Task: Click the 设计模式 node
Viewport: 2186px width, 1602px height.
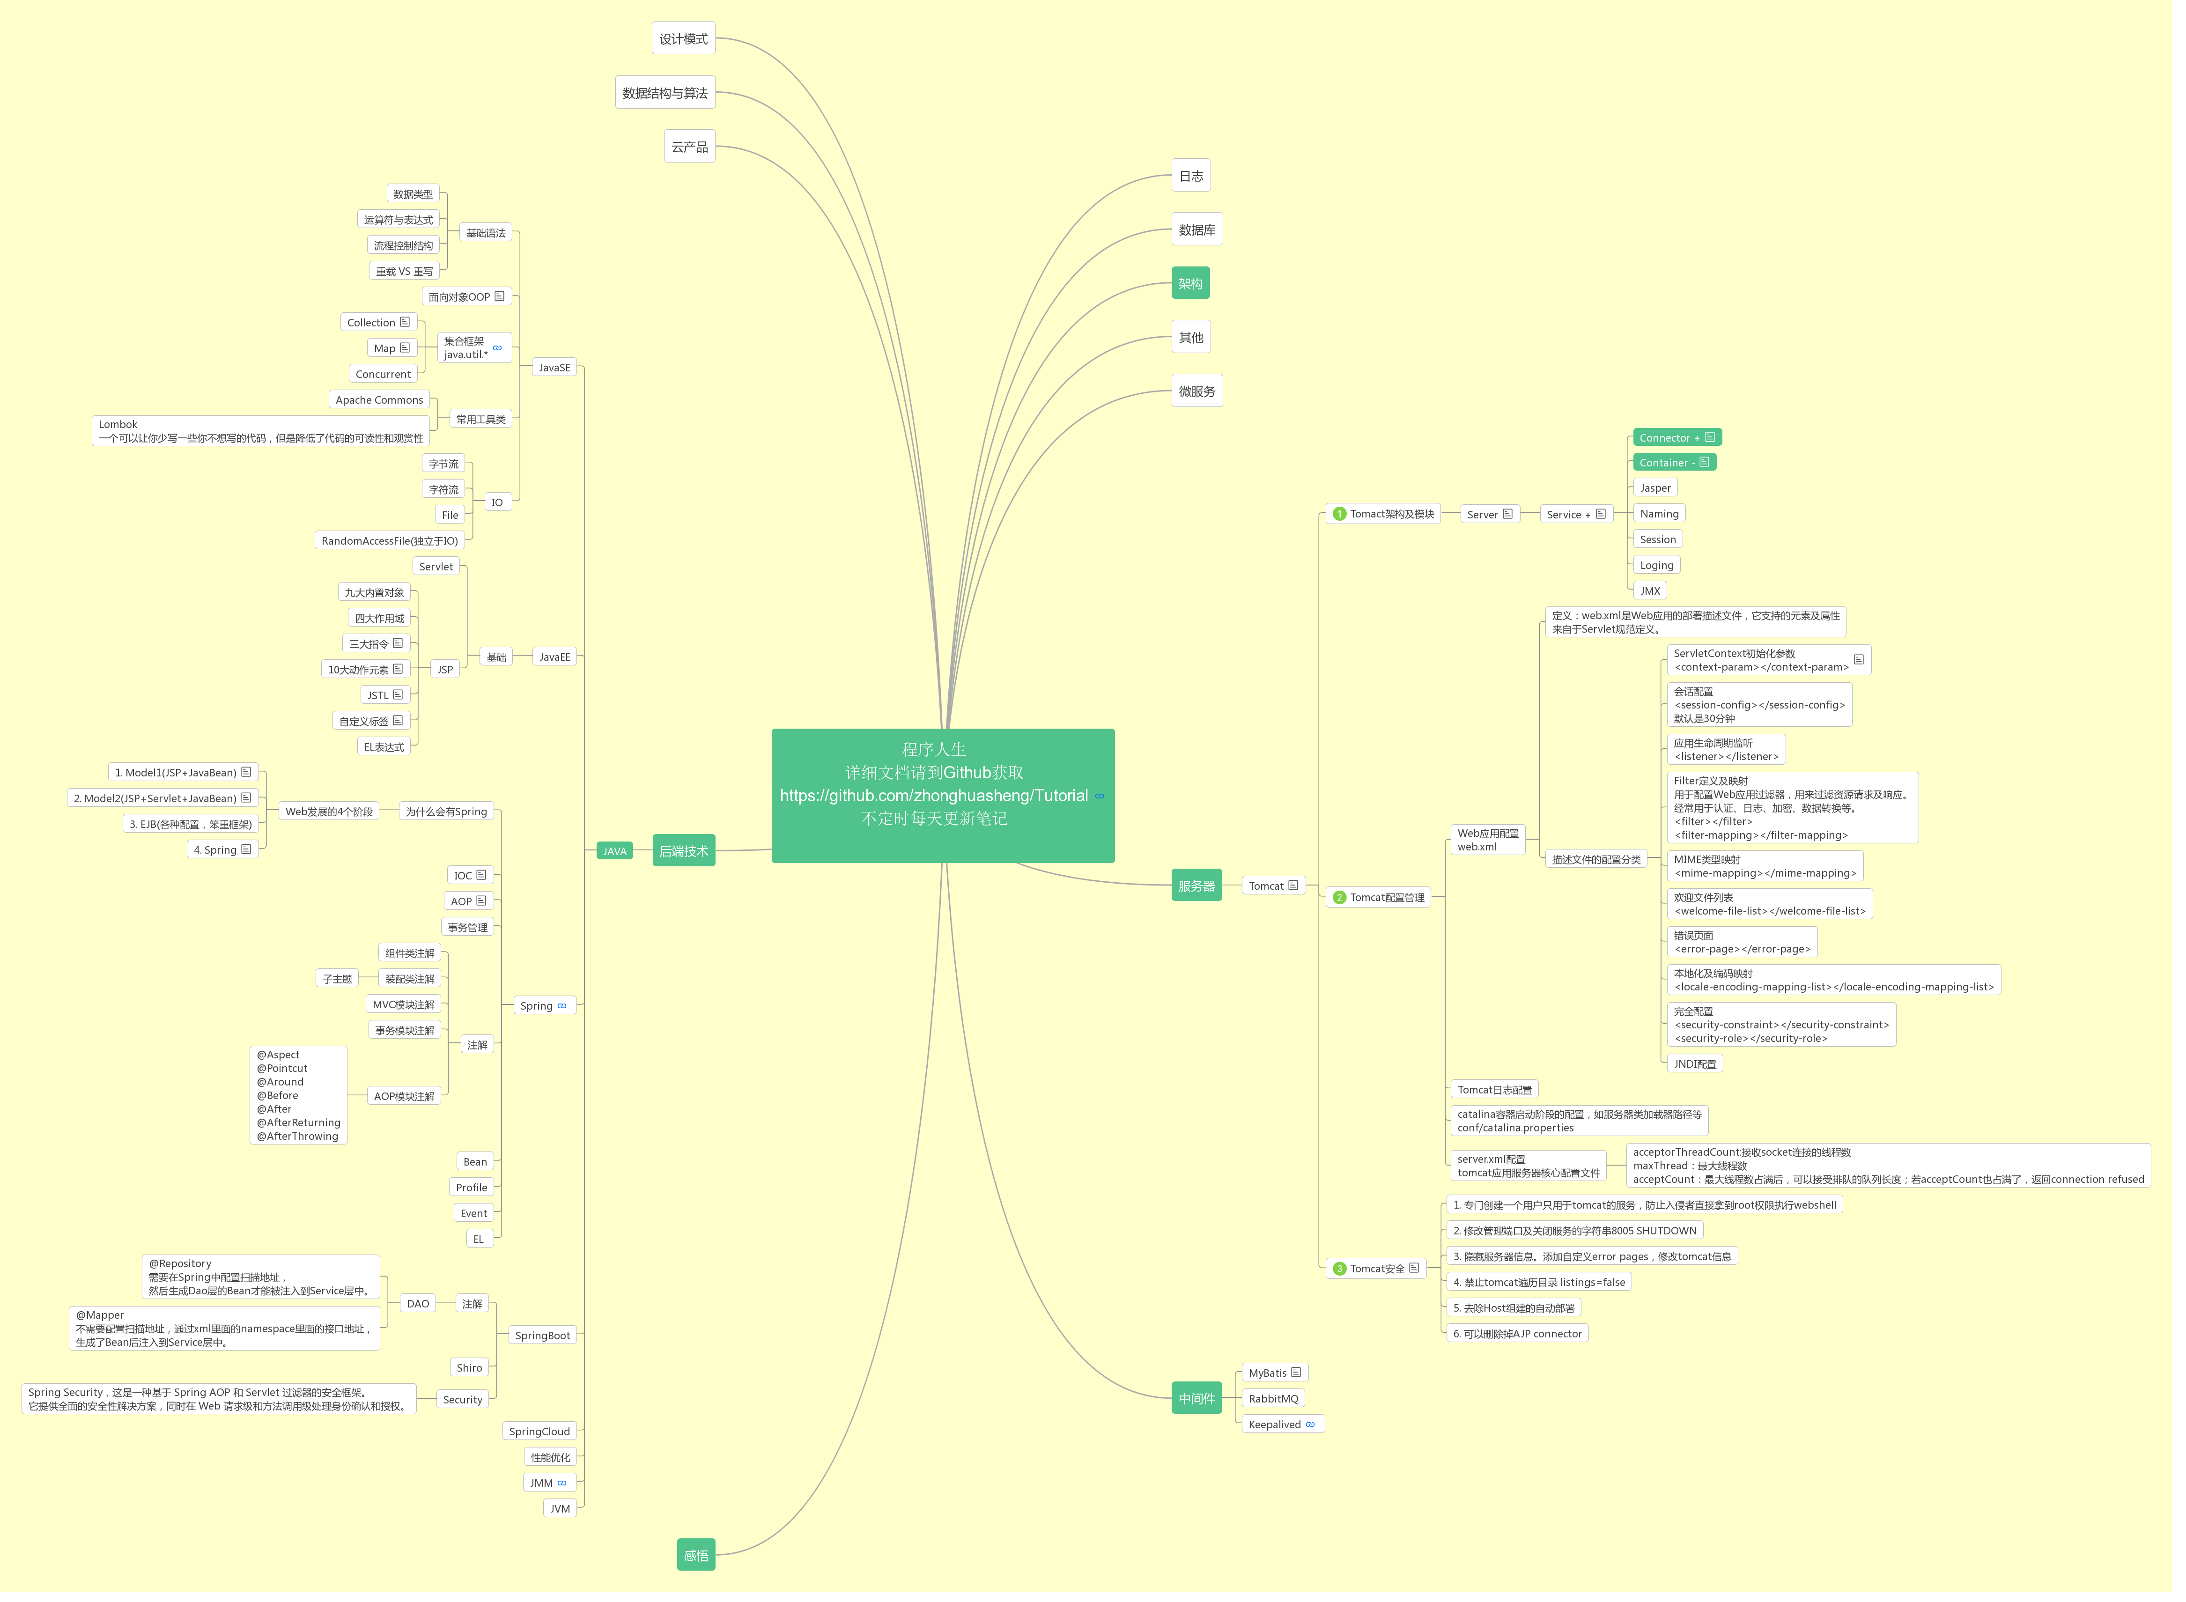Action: [684, 39]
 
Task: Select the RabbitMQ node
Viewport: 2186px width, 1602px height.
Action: [1272, 1398]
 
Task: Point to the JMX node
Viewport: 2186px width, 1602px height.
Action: [1650, 591]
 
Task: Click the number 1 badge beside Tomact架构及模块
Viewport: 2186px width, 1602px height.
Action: [1339, 514]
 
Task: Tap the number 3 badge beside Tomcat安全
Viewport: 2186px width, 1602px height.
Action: [1339, 1269]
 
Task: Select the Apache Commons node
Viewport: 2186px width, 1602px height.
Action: [379, 399]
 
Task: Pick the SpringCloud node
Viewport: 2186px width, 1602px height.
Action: [539, 1432]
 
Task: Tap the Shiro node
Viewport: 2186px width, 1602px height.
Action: [469, 1367]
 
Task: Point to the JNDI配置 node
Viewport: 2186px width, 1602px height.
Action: [1694, 1064]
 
